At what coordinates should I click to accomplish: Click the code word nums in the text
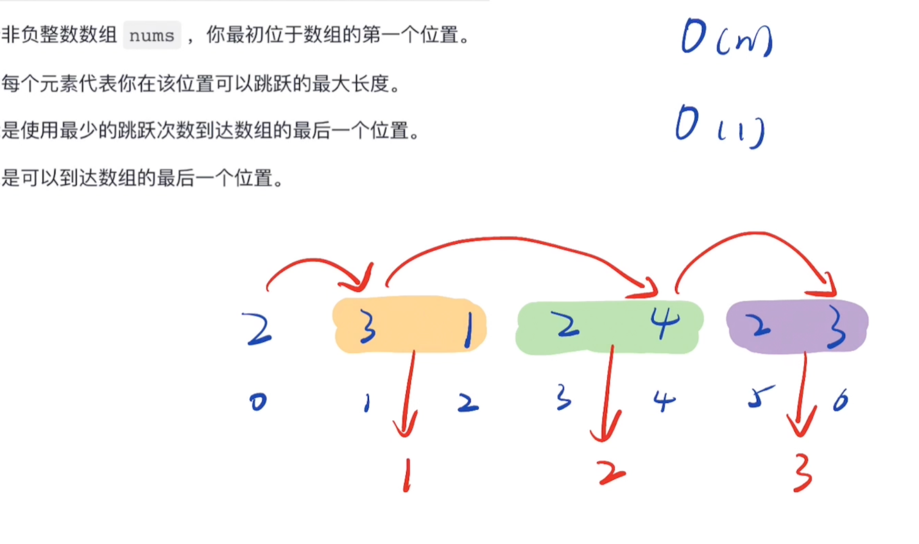pos(151,35)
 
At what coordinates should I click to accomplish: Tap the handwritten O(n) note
pos(726,38)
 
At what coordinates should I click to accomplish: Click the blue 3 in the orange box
pos(367,327)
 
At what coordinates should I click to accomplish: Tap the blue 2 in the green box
pos(567,325)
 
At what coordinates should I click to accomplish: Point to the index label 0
pos(258,402)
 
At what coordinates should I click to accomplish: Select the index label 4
pos(664,402)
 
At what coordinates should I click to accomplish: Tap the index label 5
pos(760,397)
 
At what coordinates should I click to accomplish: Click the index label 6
pos(840,401)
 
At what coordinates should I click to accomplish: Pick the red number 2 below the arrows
pos(612,473)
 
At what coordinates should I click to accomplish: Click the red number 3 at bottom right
pos(802,475)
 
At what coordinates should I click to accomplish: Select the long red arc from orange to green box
pos(513,241)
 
